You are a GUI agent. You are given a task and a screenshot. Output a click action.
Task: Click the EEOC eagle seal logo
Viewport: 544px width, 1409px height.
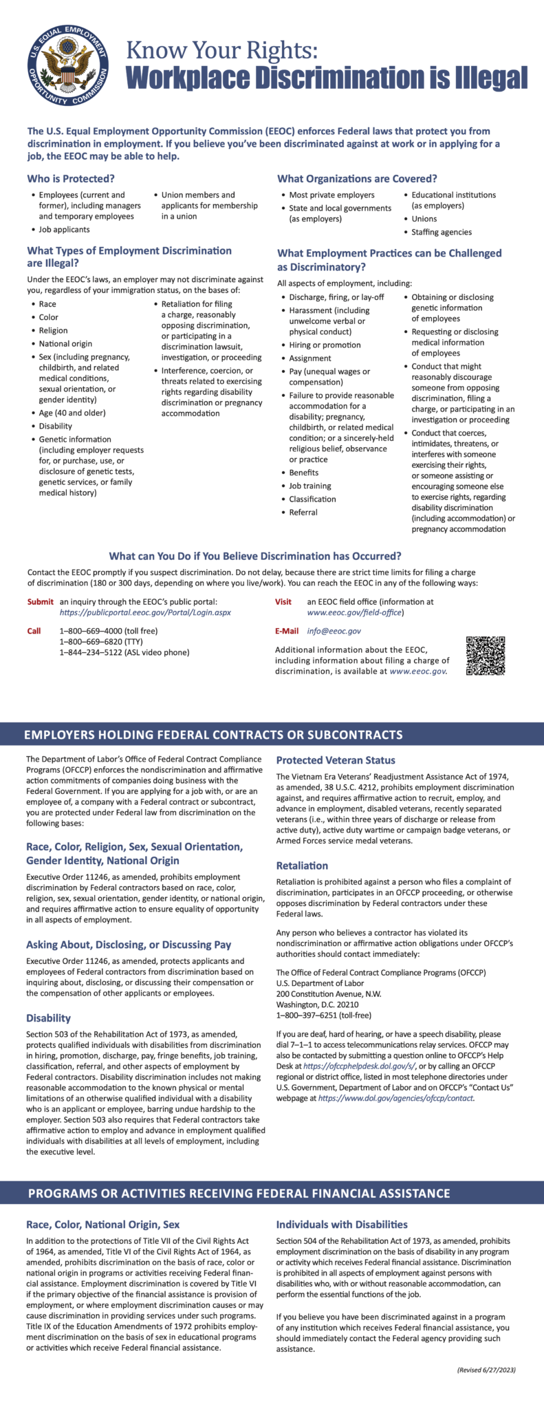(68, 67)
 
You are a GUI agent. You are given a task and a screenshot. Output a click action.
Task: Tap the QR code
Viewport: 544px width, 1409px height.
(486, 655)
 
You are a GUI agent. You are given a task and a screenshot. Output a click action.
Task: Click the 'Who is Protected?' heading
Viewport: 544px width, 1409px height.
(71, 179)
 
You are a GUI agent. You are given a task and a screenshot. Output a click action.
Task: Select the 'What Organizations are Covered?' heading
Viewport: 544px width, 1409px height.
(357, 179)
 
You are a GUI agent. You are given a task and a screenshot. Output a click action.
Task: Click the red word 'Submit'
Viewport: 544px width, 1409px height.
(41, 601)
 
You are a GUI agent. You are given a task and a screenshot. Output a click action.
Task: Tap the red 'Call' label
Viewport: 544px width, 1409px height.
(34, 631)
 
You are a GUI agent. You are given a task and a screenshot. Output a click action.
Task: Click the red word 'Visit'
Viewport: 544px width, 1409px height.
(283, 601)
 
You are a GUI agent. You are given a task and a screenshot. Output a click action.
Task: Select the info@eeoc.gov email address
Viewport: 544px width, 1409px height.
(334, 631)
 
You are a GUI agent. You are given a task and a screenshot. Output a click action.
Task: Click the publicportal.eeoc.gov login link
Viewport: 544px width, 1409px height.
(145, 612)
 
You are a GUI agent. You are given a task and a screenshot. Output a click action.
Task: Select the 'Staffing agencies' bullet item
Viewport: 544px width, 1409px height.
(442, 232)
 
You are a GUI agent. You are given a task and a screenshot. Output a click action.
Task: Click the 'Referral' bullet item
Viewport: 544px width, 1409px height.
(303, 512)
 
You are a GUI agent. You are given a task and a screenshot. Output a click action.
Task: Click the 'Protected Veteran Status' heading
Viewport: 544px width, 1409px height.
(336, 760)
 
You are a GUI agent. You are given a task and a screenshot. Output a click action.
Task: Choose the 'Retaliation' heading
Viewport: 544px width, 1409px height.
(302, 865)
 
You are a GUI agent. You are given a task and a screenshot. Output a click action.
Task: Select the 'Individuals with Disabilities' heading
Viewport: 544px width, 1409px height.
(342, 1225)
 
